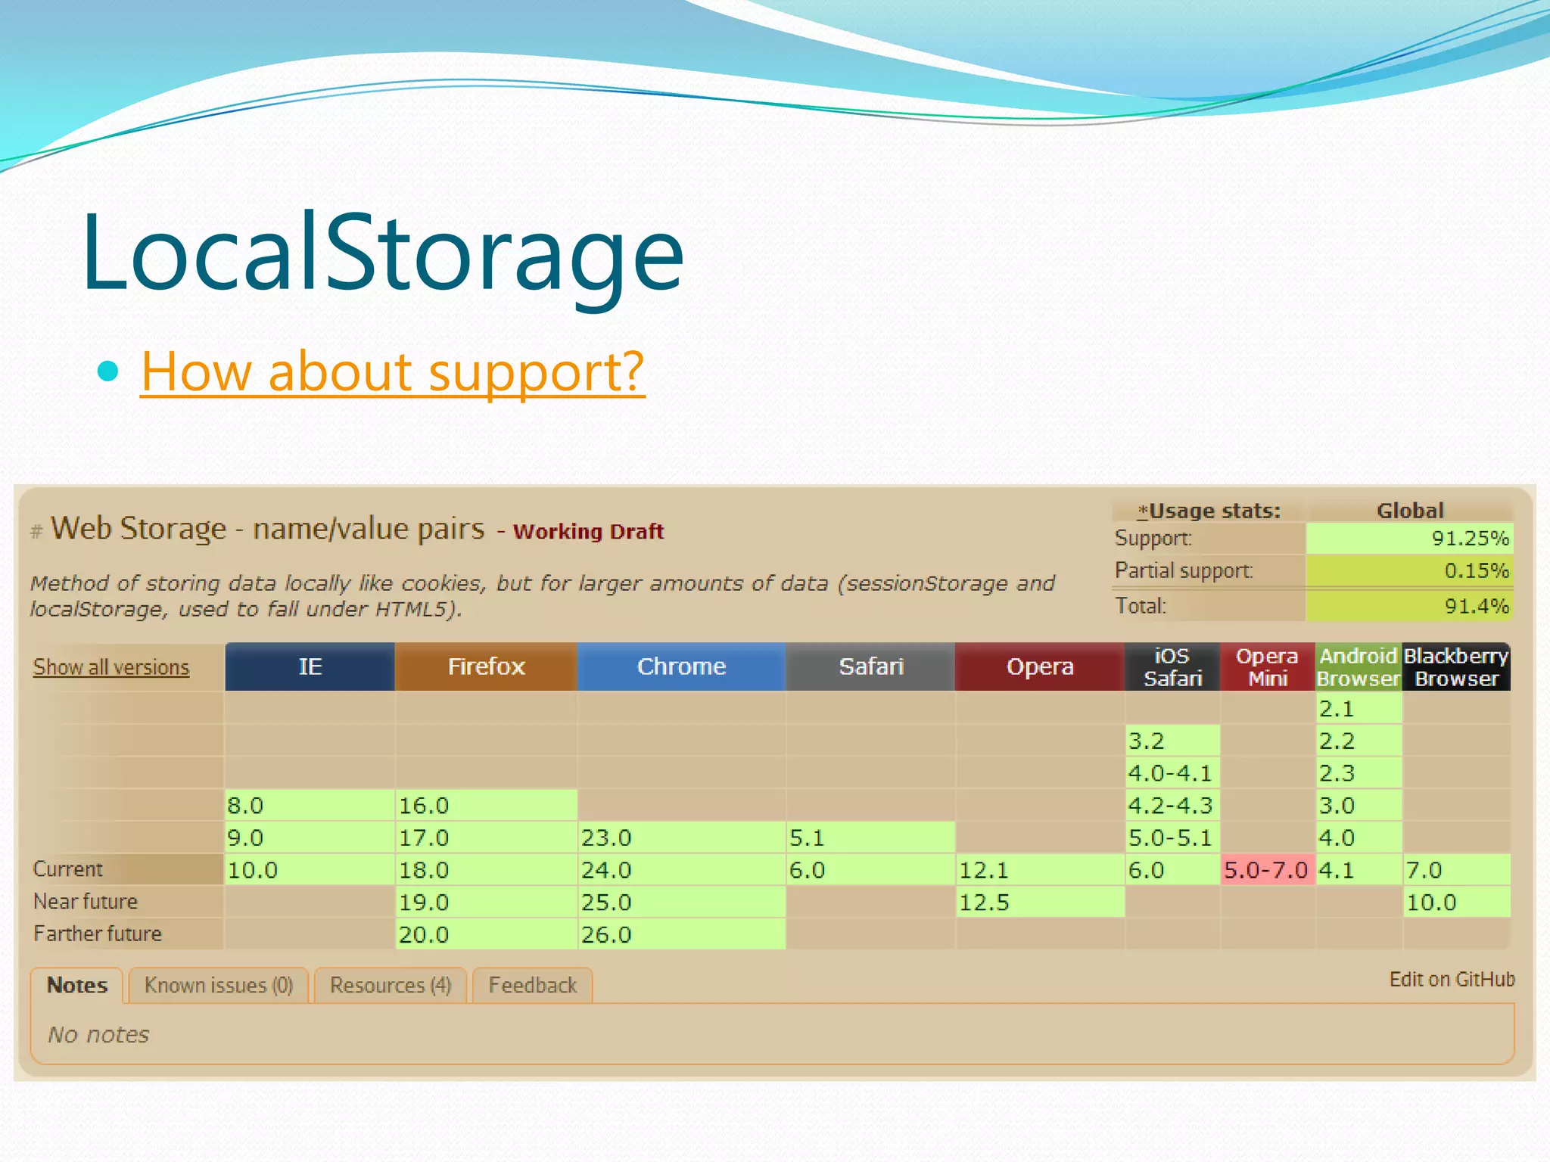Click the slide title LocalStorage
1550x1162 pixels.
point(382,253)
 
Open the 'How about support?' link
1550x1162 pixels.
point(392,371)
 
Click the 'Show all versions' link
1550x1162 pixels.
point(110,667)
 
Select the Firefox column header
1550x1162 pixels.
point(485,666)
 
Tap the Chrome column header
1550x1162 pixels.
point(681,666)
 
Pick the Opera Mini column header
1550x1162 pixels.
point(1267,666)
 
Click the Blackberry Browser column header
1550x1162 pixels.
point(1456,666)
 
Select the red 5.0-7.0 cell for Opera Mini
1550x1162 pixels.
point(1266,870)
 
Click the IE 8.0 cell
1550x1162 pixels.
point(309,805)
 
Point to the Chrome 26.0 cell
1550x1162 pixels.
point(681,934)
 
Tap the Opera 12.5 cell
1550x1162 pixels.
point(1039,902)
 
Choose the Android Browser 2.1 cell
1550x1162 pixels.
point(1359,709)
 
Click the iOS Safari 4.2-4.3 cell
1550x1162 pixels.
point(1172,805)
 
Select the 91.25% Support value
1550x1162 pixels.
point(1409,539)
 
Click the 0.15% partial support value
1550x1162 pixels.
point(1409,570)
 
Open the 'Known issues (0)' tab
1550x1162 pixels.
point(218,985)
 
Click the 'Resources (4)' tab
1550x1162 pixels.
point(391,985)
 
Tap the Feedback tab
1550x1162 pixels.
point(532,985)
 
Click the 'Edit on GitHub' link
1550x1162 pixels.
point(1451,980)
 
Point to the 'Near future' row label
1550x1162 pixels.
point(86,902)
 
